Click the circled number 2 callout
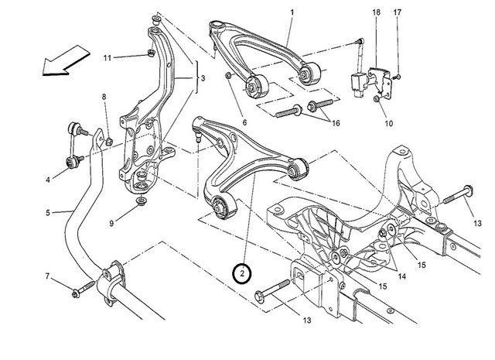click(x=243, y=273)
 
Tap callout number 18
click(x=376, y=13)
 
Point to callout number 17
click(x=398, y=13)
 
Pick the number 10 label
click(x=387, y=123)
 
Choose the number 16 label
click(x=336, y=123)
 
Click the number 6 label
click(x=244, y=122)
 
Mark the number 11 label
click(x=108, y=57)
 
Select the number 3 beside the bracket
click(x=202, y=79)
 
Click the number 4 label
click(x=48, y=180)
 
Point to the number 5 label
click(x=48, y=211)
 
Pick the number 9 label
click(x=111, y=224)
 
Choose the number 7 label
click(x=48, y=277)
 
